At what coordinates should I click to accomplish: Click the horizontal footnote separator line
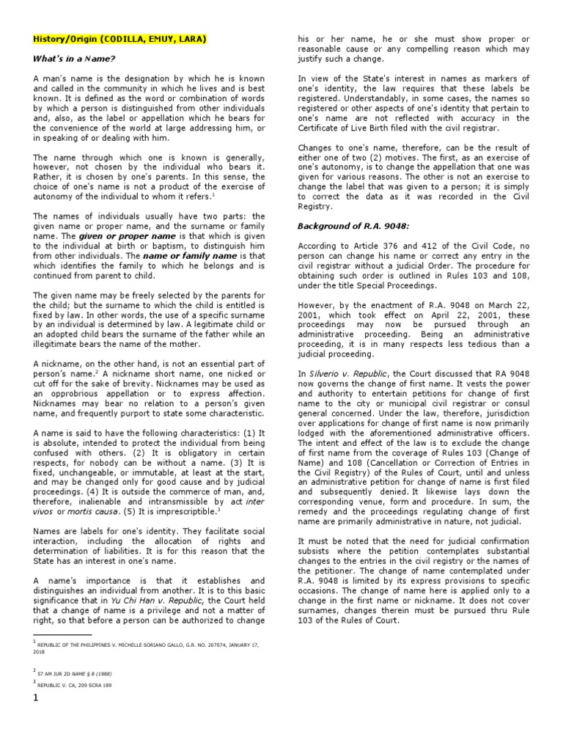click(x=62, y=634)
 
